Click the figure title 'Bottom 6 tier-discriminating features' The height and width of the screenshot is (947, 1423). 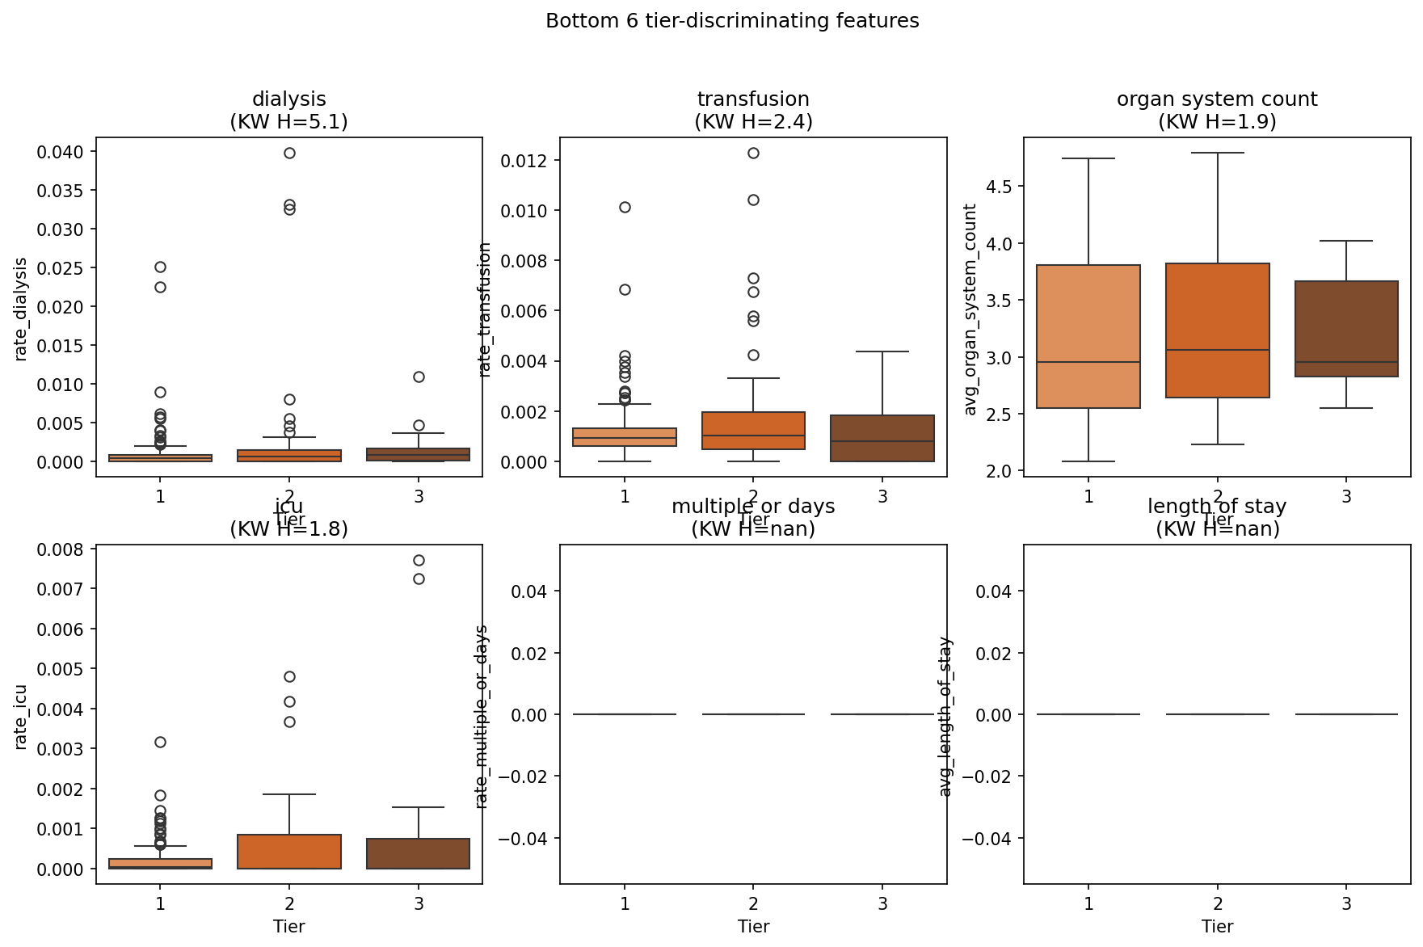click(x=732, y=21)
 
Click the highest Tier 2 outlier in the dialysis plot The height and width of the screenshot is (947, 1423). click(x=289, y=153)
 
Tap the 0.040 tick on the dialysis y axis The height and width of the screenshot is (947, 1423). click(x=66, y=152)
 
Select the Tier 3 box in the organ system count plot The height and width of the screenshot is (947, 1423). click(x=1346, y=329)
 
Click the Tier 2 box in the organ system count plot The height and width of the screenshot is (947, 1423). click(x=1218, y=330)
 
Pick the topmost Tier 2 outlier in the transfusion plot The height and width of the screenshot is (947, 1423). click(x=753, y=153)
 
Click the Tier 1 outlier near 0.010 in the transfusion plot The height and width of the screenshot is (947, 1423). click(x=625, y=207)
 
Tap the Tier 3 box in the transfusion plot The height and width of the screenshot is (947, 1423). click(x=882, y=438)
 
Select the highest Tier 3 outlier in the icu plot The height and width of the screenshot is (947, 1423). click(x=419, y=560)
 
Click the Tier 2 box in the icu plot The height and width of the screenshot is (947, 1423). click(x=289, y=852)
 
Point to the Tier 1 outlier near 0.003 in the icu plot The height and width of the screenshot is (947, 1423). click(x=160, y=742)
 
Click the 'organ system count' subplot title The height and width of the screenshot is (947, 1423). click(x=1217, y=99)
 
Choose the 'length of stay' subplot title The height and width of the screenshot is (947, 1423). click(x=1217, y=507)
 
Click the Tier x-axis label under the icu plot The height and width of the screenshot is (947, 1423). click(x=288, y=926)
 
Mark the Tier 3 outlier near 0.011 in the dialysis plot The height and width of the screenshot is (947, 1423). click(x=419, y=377)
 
